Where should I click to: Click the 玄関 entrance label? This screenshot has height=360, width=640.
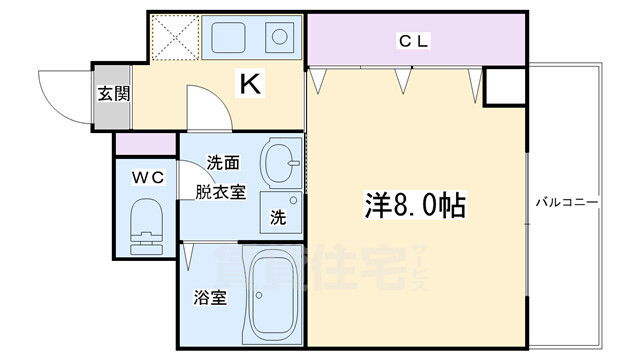tap(113, 94)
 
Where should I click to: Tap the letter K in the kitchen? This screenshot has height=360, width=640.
tap(250, 83)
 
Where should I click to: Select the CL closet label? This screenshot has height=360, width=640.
tap(413, 41)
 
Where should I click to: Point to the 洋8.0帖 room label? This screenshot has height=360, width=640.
tap(415, 205)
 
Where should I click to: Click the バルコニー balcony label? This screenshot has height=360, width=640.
tap(567, 202)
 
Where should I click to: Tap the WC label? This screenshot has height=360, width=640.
tap(148, 178)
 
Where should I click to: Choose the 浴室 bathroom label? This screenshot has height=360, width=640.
tap(210, 298)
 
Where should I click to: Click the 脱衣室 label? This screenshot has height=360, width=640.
tap(220, 192)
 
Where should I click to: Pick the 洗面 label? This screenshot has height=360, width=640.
tap(223, 163)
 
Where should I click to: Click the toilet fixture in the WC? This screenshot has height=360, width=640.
tap(146, 227)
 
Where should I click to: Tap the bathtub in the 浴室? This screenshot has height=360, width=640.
tap(273, 296)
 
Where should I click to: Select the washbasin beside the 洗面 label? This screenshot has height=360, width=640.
tap(282, 162)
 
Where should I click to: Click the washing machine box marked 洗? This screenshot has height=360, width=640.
tap(281, 212)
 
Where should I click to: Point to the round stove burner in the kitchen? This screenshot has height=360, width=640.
tap(280, 38)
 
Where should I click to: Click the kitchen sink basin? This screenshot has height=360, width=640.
tap(228, 38)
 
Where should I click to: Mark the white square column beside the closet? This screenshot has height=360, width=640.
tap(505, 87)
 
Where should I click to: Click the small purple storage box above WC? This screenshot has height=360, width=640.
tap(146, 144)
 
